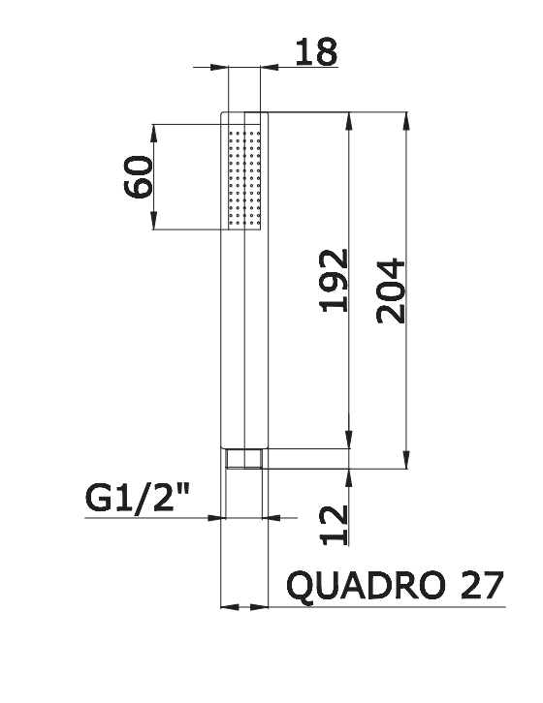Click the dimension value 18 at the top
tap(316, 51)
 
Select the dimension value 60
tap(139, 176)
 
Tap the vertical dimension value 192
tap(334, 280)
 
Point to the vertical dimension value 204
tap(391, 290)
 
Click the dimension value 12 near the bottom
tap(335, 525)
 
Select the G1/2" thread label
tap(138, 498)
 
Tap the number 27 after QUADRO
tap(482, 585)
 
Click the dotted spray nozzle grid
tap(244, 177)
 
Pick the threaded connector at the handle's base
tap(244, 459)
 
